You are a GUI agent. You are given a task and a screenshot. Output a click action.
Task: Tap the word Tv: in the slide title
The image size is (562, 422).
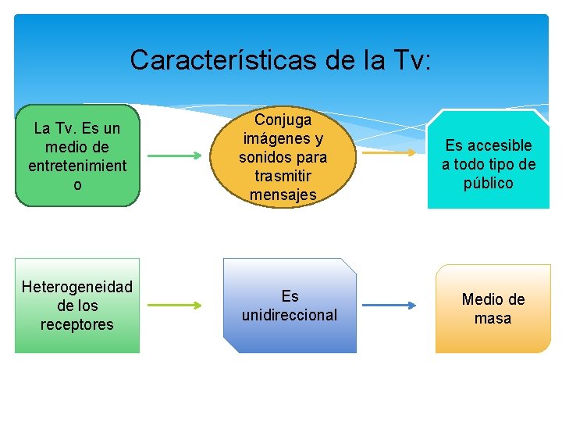(x=407, y=59)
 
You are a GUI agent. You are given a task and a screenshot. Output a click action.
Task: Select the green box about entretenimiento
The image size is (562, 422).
(x=77, y=156)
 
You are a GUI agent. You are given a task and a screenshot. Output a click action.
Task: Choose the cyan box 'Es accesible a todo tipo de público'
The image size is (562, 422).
(x=488, y=163)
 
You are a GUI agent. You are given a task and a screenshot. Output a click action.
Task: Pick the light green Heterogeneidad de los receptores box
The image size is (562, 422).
(x=77, y=306)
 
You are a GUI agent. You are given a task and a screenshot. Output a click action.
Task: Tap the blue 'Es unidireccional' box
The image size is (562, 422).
(x=290, y=306)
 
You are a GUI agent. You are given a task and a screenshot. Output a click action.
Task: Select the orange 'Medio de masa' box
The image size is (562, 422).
(x=493, y=309)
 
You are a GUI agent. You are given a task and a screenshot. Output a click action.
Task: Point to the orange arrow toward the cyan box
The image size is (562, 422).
(x=390, y=153)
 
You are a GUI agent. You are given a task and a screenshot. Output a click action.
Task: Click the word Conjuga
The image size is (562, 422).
(x=283, y=120)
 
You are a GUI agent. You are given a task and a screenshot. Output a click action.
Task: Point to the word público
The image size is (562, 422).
(x=488, y=184)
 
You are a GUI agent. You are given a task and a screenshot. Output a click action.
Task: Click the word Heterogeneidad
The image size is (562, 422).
(x=77, y=287)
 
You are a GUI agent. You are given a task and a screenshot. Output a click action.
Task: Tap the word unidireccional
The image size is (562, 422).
(x=290, y=316)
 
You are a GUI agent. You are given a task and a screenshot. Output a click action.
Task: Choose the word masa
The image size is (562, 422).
(x=493, y=319)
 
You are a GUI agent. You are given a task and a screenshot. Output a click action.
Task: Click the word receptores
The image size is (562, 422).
(x=77, y=324)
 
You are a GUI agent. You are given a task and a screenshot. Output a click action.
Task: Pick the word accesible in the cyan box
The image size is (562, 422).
(x=499, y=145)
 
